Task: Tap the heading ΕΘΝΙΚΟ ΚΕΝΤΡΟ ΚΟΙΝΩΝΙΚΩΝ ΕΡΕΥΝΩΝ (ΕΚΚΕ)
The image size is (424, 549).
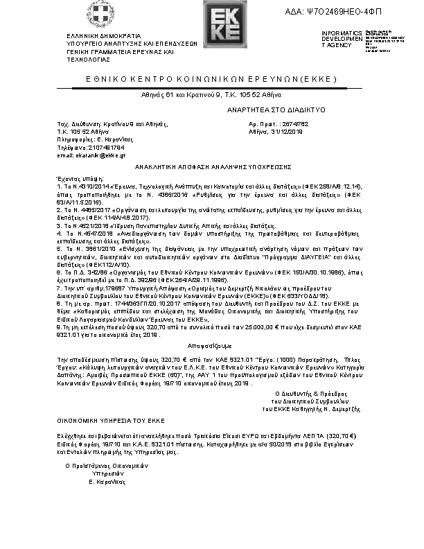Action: pyautogui.click(x=211, y=80)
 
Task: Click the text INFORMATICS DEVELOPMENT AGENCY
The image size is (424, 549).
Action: pyautogui.click(x=342, y=39)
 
